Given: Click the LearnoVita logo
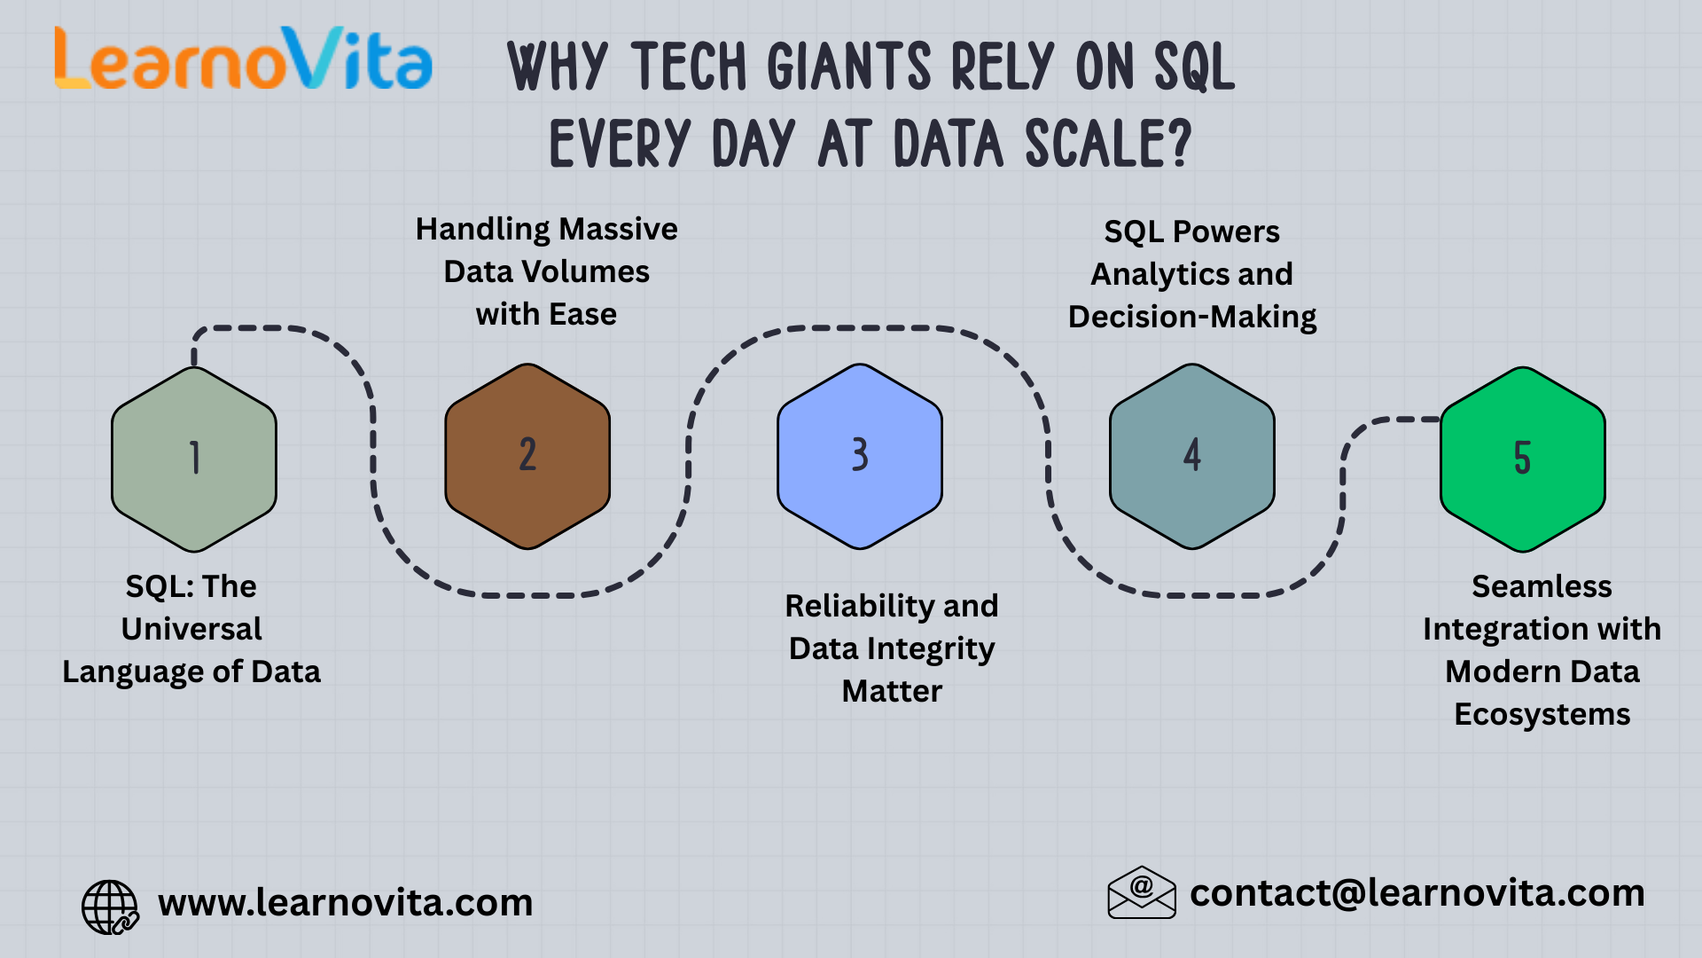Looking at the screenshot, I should click(244, 59).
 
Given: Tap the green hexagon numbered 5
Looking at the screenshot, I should click(1522, 459).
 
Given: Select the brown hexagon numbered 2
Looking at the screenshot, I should click(527, 456).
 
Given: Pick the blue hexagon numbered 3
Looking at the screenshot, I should click(860, 456).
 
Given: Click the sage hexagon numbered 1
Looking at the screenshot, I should click(194, 459).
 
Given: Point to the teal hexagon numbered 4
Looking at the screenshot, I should click(1192, 456).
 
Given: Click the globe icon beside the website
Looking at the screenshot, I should click(109, 907).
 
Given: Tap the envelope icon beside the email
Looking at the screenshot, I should click(1142, 892).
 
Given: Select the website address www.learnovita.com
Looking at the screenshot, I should click(345, 903).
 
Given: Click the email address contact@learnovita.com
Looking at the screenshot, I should click(1417, 892).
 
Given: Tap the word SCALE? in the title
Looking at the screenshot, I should click(1108, 145).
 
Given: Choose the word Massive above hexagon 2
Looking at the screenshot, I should click(619, 229).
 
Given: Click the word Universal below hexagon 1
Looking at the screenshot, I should click(191, 629).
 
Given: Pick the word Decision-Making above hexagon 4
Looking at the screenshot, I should click(1192, 317).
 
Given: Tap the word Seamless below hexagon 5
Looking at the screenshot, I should click(1542, 586).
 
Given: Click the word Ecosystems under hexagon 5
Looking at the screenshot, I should click(1542, 714).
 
